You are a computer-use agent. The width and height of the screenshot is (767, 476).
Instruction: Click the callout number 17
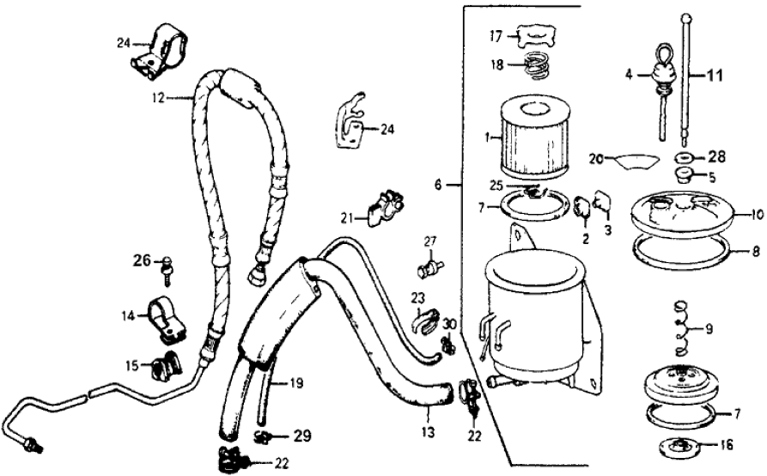(x=496, y=36)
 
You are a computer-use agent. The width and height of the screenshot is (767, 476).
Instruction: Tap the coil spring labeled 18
(x=538, y=64)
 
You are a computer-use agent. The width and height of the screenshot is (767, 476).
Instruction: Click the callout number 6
(x=438, y=185)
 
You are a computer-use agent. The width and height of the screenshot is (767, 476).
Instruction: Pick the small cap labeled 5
(x=686, y=177)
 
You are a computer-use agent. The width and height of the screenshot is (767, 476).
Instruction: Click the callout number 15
(x=131, y=366)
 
